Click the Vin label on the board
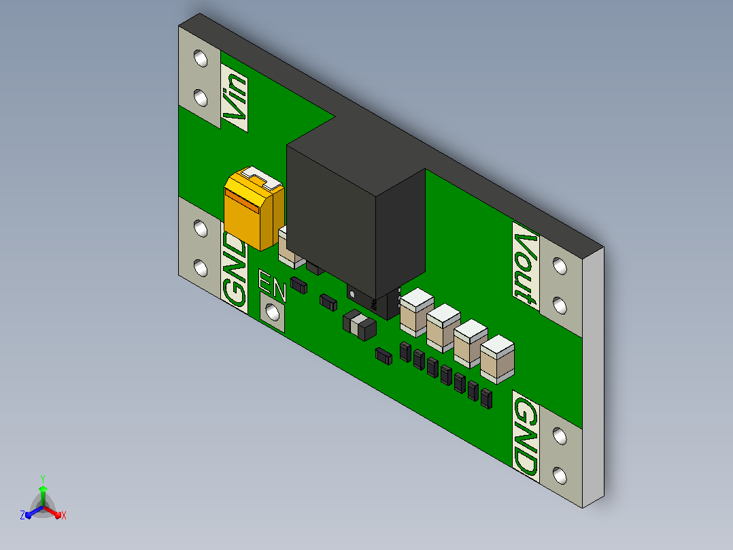235,97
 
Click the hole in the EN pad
272,312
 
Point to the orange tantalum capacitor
254,208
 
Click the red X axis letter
64,515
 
